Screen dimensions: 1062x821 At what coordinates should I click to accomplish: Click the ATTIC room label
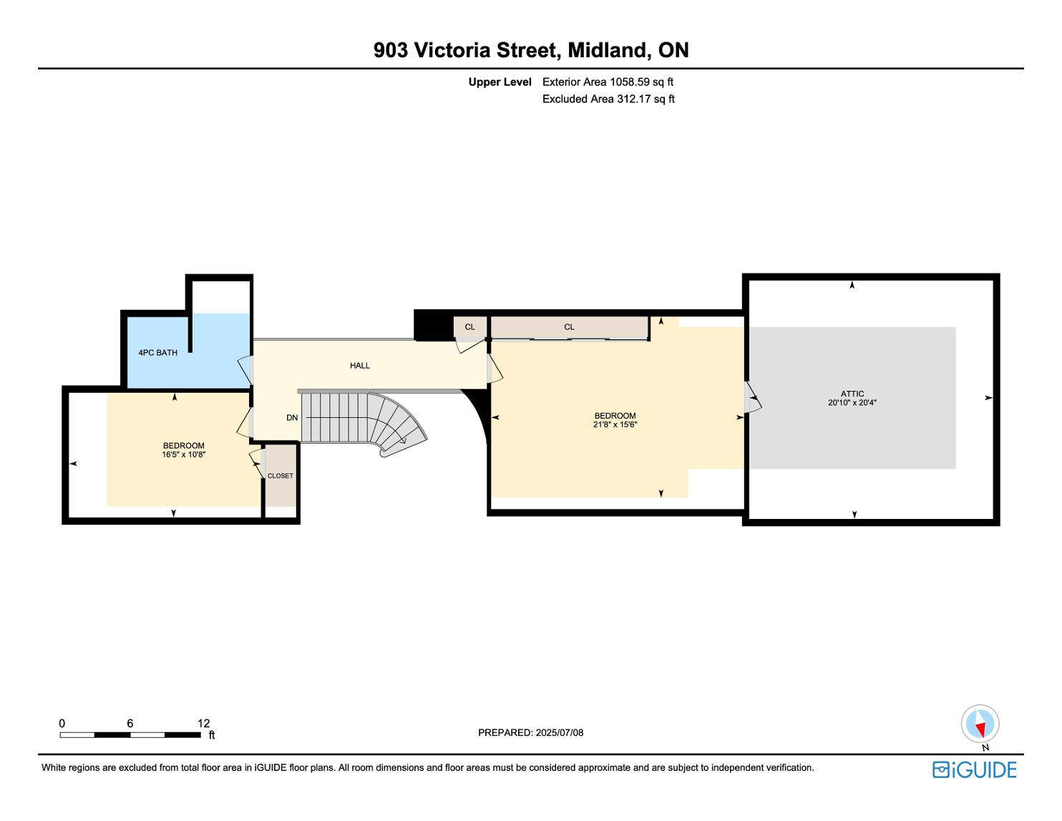[852, 394]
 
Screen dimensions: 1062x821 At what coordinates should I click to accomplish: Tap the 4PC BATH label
[157, 352]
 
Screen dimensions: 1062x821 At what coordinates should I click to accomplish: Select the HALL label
[360, 365]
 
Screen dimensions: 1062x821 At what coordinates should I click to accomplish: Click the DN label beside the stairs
[292, 417]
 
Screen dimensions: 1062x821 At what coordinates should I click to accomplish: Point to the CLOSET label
[280, 475]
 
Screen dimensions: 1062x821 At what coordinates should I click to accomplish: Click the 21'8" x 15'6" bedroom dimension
[615, 424]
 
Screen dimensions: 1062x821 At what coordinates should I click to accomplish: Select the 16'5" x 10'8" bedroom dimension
[183, 455]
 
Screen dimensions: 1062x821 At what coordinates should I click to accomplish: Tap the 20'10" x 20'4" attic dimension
[852, 403]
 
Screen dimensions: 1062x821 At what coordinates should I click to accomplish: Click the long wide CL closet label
[569, 327]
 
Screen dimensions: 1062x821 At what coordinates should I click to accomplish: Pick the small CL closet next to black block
[469, 327]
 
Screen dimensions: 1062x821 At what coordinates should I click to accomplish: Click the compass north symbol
[980, 724]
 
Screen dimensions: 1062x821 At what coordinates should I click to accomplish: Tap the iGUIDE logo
[974, 769]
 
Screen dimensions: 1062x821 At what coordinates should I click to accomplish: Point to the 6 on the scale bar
[130, 723]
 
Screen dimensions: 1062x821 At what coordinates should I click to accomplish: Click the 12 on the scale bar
[204, 723]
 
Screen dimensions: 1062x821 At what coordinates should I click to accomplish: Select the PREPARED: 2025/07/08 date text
[530, 732]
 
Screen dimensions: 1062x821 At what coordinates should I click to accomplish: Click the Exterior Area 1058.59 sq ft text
[608, 82]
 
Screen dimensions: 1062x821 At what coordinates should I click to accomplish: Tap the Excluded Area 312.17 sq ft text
[608, 99]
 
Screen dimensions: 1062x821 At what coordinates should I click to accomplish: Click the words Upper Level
[500, 82]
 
